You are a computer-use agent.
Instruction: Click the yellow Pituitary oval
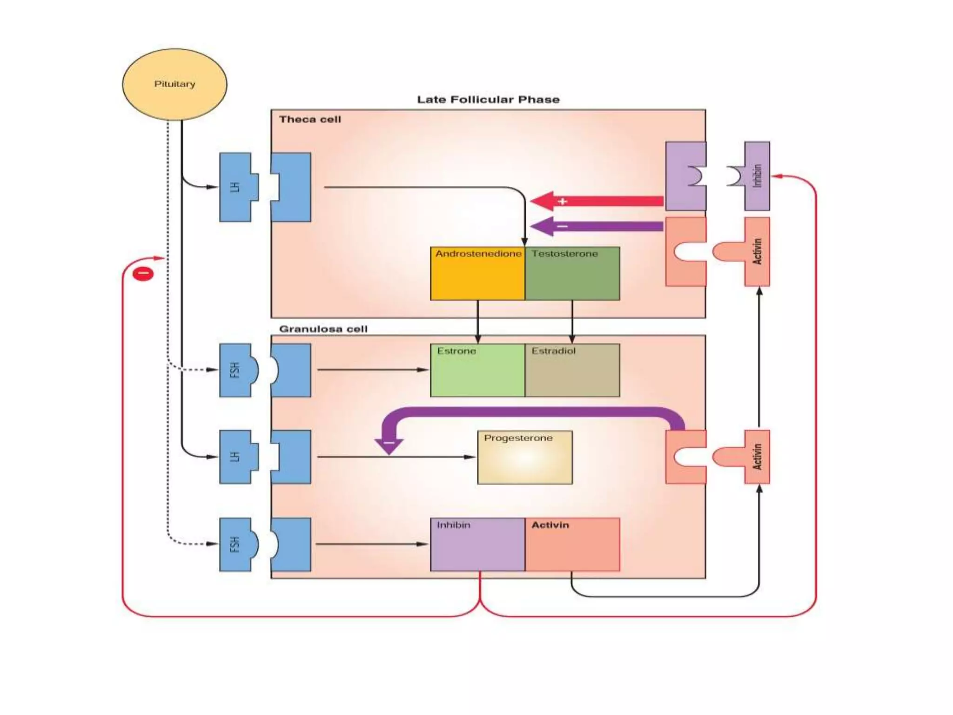coord(174,84)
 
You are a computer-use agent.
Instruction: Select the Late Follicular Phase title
coord(488,100)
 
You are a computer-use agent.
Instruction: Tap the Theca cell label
coord(310,120)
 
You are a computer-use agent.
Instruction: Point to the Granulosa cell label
coord(323,329)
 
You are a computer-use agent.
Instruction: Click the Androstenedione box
coord(477,273)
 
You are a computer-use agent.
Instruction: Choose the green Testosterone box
coord(572,273)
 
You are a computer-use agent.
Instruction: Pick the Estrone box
coord(477,370)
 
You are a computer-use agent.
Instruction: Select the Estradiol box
coord(572,370)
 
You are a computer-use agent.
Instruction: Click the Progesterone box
coord(525,457)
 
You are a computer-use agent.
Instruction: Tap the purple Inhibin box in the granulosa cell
coord(477,544)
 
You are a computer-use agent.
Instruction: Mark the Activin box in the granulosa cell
coord(572,544)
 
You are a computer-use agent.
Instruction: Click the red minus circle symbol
coord(143,273)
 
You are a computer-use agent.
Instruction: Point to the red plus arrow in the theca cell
coord(597,201)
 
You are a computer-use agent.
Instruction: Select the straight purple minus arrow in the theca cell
coord(597,227)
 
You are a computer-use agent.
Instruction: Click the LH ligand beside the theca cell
coord(239,187)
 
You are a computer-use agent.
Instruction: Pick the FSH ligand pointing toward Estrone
coord(239,370)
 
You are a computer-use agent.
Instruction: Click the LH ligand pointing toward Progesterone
coord(239,457)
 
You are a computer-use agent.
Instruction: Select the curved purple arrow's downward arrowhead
coord(389,446)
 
